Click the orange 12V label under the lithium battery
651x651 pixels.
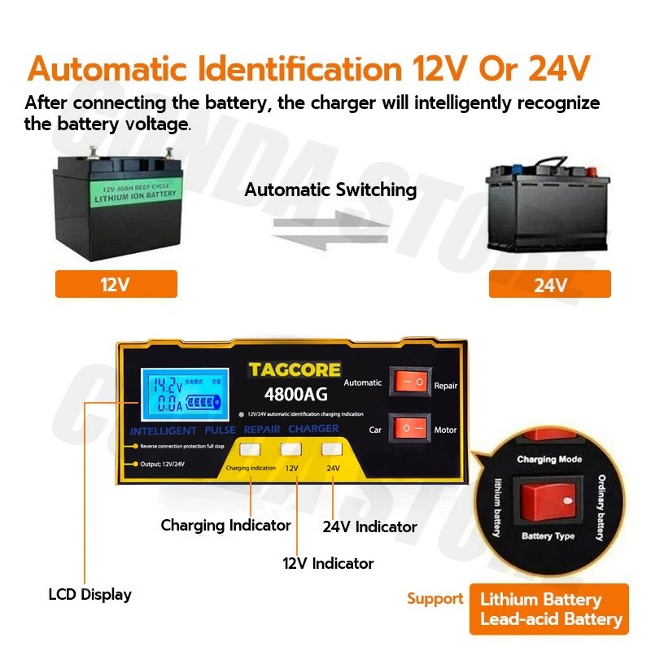point(116,284)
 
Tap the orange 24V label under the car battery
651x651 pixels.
point(549,284)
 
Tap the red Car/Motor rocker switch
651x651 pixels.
point(409,427)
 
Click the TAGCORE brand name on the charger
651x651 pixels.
point(295,370)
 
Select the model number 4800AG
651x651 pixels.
point(295,395)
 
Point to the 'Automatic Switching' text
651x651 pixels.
point(330,190)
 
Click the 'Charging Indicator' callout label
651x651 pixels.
point(225,526)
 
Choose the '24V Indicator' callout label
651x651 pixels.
point(369,527)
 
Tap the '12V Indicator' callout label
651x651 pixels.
point(328,563)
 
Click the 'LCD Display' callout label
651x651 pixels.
point(90,595)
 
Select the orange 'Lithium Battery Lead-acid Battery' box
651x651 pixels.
point(550,609)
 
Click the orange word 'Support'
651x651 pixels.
point(435,599)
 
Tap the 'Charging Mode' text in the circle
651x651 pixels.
point(549,460)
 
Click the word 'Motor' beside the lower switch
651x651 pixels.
point(445,430)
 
